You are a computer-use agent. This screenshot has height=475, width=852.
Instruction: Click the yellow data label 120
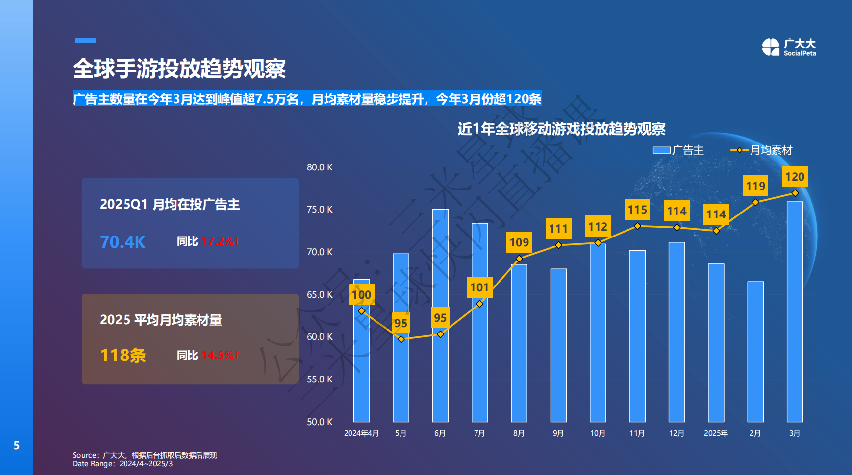795,177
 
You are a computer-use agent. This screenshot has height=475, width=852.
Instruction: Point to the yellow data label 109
519,242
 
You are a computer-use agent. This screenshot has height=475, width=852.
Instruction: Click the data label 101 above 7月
479,287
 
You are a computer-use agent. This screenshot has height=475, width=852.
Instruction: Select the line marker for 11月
637,226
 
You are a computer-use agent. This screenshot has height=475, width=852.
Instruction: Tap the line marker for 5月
401,339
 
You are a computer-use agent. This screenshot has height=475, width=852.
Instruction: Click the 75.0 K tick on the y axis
320,210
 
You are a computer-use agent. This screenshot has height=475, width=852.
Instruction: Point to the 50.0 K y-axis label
320,422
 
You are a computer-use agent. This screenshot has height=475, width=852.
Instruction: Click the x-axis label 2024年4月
361,433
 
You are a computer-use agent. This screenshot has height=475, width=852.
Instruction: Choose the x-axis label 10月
598,433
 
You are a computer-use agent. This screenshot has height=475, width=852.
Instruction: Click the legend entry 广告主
678,150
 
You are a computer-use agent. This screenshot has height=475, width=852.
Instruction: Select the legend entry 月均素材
761,150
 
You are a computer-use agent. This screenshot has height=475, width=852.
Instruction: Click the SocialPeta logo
789,47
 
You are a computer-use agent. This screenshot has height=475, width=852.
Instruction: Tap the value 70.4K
123,242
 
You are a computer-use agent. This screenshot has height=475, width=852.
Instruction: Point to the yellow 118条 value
123,355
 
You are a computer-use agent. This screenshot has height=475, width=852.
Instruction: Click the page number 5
16,445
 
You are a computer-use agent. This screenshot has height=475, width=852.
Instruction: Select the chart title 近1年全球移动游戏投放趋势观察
561,129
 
